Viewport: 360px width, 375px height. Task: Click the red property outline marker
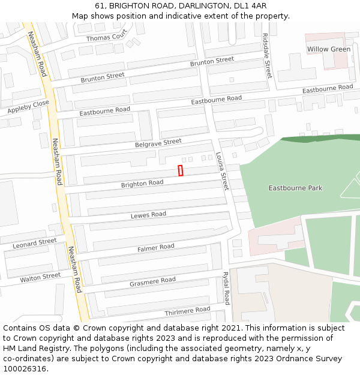(x=181, y=170)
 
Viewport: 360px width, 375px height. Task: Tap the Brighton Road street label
(x=142, y=184)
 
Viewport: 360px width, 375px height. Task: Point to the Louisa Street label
(x=222, y=171)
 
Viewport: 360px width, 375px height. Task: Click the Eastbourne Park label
(x=295, y=188)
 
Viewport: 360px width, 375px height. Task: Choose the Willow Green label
(x=328, y=49)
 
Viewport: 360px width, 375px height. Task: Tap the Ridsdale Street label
(x=267, y=54)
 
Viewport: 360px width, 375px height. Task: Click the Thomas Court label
(x=107, y=38)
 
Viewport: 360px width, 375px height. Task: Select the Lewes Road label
(x=148, y=215)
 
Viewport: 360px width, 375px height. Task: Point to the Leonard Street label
(x=35, y=243)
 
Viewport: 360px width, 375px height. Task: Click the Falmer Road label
(x=155, y=247)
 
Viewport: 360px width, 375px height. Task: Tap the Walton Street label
(x=40, y=277)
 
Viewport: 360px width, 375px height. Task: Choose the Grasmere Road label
(x=152, y=281)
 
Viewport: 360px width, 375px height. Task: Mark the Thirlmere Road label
(x=187, y=310)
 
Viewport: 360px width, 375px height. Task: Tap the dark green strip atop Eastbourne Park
(x=318, y=140)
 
